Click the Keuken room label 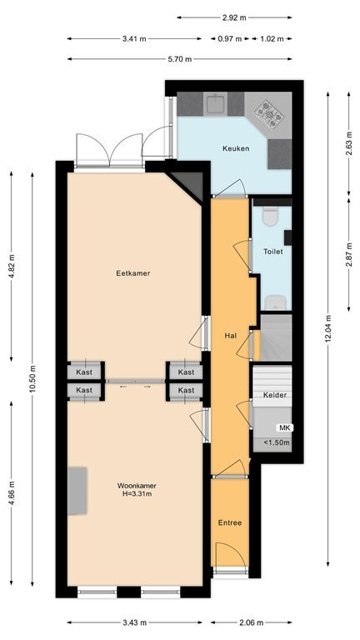236,148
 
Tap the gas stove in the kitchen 269,114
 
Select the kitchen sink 215,104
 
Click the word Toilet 273,252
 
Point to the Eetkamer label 133,273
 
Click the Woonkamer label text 137,486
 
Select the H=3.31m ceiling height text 137,494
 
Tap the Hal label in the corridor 231,336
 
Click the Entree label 230,522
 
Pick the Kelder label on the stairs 275,395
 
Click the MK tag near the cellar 285,427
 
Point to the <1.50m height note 277,442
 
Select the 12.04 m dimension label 328,330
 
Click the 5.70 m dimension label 180,59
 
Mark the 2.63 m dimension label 348,142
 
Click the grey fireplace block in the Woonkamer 77,491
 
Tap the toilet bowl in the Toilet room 270,217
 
